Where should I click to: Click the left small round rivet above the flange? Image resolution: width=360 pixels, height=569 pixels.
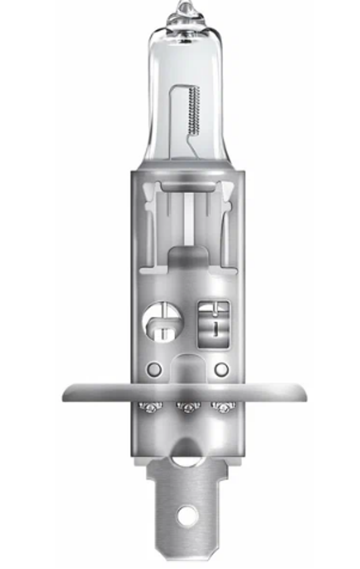click(154, 369)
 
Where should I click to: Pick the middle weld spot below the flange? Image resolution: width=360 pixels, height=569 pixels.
click(188, 407)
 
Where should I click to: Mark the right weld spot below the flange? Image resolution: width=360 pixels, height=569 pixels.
click(224, 407)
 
